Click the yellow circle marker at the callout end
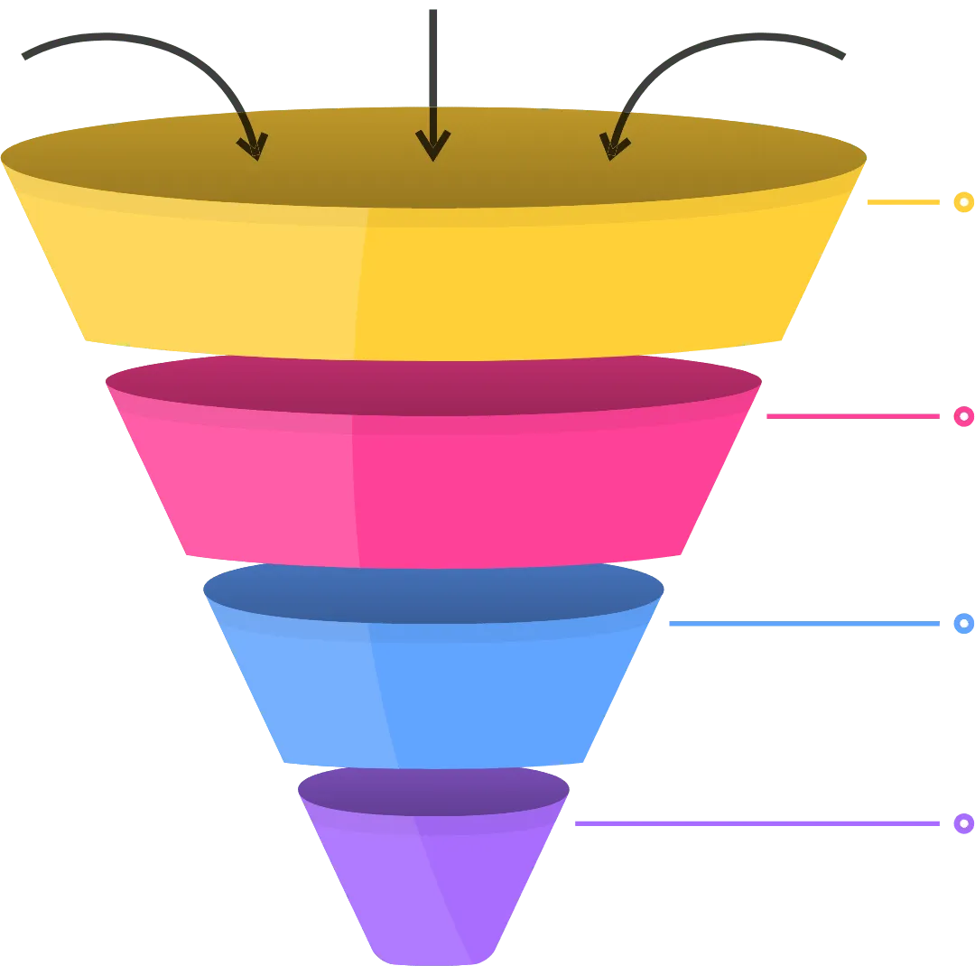(963, 202)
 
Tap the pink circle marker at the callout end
(963, 416)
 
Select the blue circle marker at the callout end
(963, 624)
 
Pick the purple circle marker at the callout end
(963, 823)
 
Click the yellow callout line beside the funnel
(904, 203)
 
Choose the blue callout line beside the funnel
(803, 624)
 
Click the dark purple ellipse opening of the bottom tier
(433, 791)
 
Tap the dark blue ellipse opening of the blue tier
(433, 592)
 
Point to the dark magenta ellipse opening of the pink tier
(433, 384)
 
